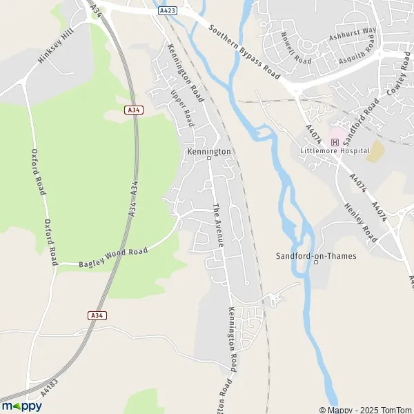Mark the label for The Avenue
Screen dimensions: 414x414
[x=217, y=226]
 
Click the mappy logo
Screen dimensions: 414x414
[x=21, y=406]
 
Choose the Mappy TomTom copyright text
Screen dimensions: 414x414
[x=365, y=410]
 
